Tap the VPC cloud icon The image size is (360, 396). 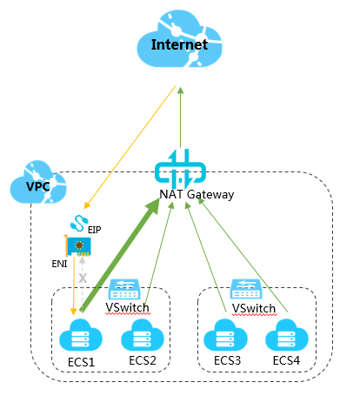[x=38, y=182]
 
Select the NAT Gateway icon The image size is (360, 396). [x=180, y=169]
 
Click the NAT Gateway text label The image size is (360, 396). [x=197, y=194]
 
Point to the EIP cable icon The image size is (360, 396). [x=79, y=223]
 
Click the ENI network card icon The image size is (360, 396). [x=77, y=246]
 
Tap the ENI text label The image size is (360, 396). [x=59, y=264]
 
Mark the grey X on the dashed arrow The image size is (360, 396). [x=83, y=279]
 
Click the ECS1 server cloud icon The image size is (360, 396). [x=81, y=335]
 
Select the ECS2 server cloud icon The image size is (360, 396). [x=143, y=335]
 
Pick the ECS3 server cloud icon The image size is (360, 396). [x=225, y=335]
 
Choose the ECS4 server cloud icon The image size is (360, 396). [x=287, y=335]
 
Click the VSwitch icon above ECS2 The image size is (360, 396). [x=124, y=289]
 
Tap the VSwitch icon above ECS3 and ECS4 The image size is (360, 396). [x=246, y=289]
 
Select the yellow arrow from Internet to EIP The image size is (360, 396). [x=130, y=147]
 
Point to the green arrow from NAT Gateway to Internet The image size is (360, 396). [x=181, y=117]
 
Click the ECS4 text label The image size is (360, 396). [x=286, y=360]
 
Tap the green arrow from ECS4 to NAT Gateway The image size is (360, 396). [x=243, y=255]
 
